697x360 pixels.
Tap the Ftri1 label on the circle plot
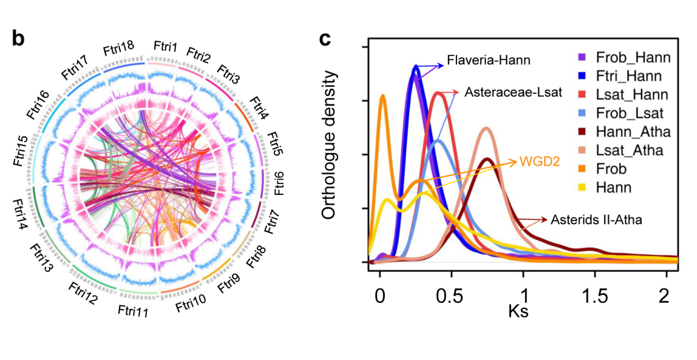(165, 47)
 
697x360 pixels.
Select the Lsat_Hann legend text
(631, 95)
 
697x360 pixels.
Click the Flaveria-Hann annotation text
(488, 61)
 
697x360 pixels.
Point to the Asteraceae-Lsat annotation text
(514, 93)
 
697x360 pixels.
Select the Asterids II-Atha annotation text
(596, 219)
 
